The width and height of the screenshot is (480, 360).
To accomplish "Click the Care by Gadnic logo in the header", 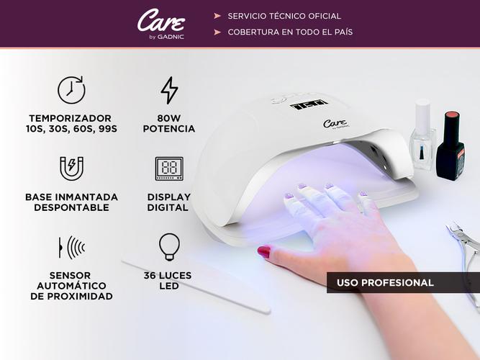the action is pyautogui.click(x=161, y=24).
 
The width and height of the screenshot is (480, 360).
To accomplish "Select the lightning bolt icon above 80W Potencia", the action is pyautogui.click(x=169, y=90).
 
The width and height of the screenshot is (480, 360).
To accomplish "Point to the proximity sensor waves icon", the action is pyautogui.click(x=72, y=247).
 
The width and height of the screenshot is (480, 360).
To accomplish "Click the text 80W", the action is pyautogui.click(x=169, y=118).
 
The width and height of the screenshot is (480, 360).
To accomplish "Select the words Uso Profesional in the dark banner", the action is pyautogui.click(x=385, y=282).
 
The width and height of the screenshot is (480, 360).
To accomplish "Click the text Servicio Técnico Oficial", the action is pyautogui.click(x=284, y=16).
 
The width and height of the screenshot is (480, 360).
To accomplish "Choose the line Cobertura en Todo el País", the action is pyautogui.click(x=290, y=32).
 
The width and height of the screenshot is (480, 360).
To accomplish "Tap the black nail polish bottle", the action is pyautogui.click(x=450, y=145).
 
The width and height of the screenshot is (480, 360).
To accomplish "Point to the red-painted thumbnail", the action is pyautogui.click(x=264, y=251).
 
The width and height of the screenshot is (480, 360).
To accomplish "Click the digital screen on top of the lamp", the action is pyautogui.click(x=309, y=104).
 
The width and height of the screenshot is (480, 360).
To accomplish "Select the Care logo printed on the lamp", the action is pyautogui.click(x=336, y=123).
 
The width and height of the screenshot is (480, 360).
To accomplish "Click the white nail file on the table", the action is pyautogui.click(x=196, y=287).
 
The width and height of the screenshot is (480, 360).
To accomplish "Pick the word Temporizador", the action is pyautogui.click(x=70, y=118).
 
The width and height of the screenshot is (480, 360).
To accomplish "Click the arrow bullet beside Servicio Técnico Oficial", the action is pyautogui.click(x=217, y=16).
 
